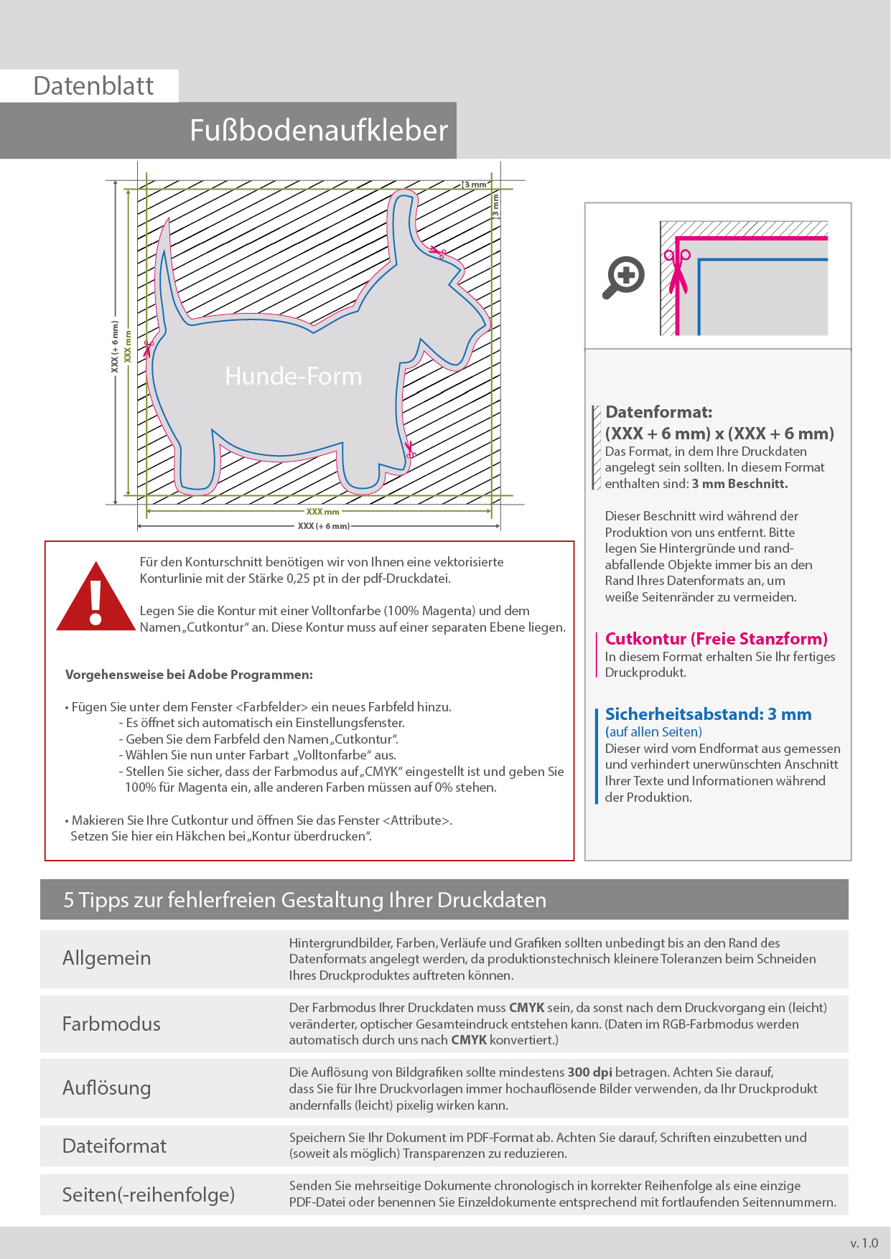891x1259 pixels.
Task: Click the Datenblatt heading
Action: [93, 86]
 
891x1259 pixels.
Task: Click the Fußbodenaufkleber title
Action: [318, 131]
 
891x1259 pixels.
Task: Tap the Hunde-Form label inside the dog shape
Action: [293, 376]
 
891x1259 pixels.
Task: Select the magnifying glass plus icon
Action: [623, 276]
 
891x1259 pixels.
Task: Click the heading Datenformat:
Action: [658, 412]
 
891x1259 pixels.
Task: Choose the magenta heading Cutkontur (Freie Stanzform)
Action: [716, 639]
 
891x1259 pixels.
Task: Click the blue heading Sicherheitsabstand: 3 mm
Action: [708, 714]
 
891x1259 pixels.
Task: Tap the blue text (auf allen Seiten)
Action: [653, 732]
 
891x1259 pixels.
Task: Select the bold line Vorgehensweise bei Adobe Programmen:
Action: [189, 675]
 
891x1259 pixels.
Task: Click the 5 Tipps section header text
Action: [304, 900]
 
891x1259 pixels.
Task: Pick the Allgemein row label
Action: [106, 958]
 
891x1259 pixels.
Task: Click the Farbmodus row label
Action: [111, 1024]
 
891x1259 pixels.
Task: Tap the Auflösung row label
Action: [106, 1088]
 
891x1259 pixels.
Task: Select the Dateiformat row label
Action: [114, 1146]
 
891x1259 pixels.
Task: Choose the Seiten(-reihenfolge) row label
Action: [148, 1194]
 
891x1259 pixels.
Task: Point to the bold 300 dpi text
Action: [589, 1072]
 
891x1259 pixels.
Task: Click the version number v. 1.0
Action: [864, 1243]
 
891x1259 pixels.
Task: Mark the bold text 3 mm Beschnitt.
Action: [740, 484]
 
